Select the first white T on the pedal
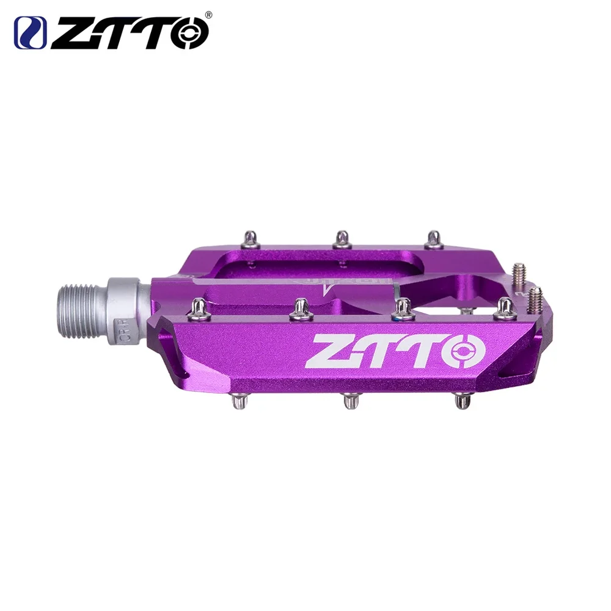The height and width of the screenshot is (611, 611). (x=378, y=351)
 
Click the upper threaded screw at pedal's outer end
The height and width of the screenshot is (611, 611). (x=519, y=273)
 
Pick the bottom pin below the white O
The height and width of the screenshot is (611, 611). (x=462, y=401)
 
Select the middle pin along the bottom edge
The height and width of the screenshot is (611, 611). (x=350, y=401)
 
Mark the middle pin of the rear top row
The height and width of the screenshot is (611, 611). (x=342, y=239)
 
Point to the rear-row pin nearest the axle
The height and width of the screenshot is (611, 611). (x=251, y=238)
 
